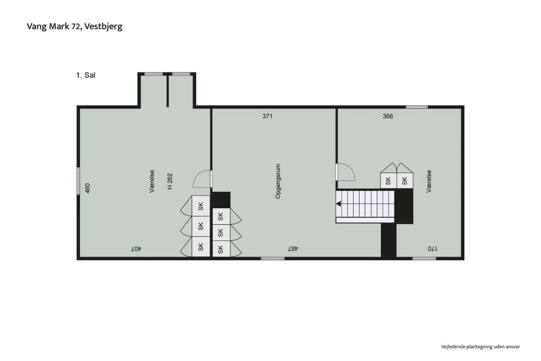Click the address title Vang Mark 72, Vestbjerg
point(75,27)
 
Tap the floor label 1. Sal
point(86,75)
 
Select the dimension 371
point(268,116)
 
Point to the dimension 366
point(388,116)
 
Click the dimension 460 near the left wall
point(87,188)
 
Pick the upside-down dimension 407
point(136,248)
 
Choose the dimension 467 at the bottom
point(293,248)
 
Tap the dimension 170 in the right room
point(432,248)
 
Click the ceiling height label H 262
point(170,181)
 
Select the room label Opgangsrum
point(278,181)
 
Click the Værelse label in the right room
point(429,181)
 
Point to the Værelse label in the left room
point(152,181)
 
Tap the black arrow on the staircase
point(339,204)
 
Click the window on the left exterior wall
point(78,181)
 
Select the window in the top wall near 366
point(417,107)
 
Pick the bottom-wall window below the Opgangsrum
point(273,259)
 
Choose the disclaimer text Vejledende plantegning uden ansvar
point(481,347)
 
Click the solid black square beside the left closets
point(221,200)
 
